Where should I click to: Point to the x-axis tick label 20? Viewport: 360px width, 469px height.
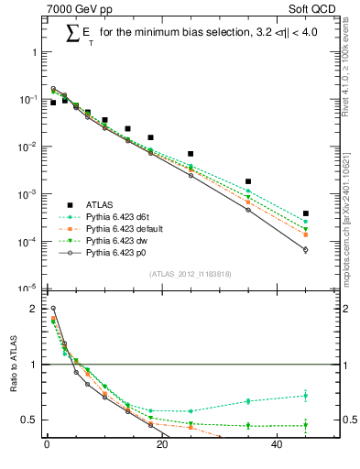click(x=161, y=445)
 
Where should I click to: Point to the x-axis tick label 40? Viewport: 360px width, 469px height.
click(x=277, y=445)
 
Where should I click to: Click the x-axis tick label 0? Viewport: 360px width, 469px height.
click(x=47, y=445)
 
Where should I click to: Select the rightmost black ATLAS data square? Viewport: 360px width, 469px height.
click(x=306, y=213)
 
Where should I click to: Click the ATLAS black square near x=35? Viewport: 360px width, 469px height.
click(x=248, y=181)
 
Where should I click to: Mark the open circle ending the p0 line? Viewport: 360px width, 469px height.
click(x=306, y=249)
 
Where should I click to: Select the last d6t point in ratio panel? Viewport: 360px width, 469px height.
click(x=306, y=396)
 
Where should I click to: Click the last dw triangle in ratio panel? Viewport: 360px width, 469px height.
click(x=306, y=425)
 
